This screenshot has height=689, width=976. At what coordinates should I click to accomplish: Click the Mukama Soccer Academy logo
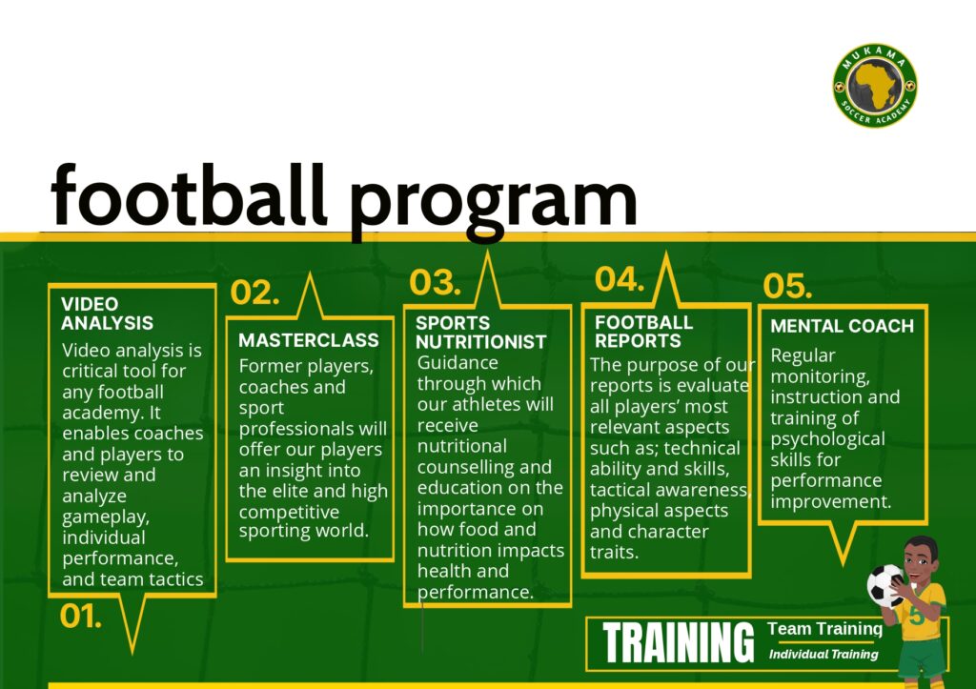click(875, 86)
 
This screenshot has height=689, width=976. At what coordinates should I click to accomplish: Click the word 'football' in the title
click(189, 195)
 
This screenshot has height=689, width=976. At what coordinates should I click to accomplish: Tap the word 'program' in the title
click(493, 203)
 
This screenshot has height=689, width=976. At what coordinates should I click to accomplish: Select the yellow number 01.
click(80, 617)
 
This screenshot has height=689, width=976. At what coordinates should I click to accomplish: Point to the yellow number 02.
click(254, 292)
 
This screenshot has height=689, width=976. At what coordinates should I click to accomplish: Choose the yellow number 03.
click(435, 282)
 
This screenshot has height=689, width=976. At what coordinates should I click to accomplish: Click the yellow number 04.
click(620, 279)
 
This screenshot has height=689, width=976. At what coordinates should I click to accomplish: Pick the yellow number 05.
click(787, 286)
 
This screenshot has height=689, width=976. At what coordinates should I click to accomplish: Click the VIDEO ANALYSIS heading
click(107, 314)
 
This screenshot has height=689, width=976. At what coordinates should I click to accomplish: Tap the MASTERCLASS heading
click(309, 340)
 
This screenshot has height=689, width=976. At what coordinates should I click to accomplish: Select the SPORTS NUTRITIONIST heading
click(481, 333)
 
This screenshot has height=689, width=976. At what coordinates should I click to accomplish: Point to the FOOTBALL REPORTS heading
click(643, 332)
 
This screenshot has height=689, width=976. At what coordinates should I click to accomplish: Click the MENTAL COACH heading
click(843, 326)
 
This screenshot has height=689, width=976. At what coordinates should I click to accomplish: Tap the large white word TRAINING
click(678, 643)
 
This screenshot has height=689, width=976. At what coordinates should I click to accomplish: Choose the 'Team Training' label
click(824, 629)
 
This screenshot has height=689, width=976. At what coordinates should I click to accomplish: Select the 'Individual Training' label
click(823, 654)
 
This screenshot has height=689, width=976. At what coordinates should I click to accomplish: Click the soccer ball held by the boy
click(886, 585)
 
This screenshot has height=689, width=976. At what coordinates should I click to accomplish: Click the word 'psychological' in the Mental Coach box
click(828, 439)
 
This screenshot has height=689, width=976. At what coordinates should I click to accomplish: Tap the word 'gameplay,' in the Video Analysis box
click(106, 517)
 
